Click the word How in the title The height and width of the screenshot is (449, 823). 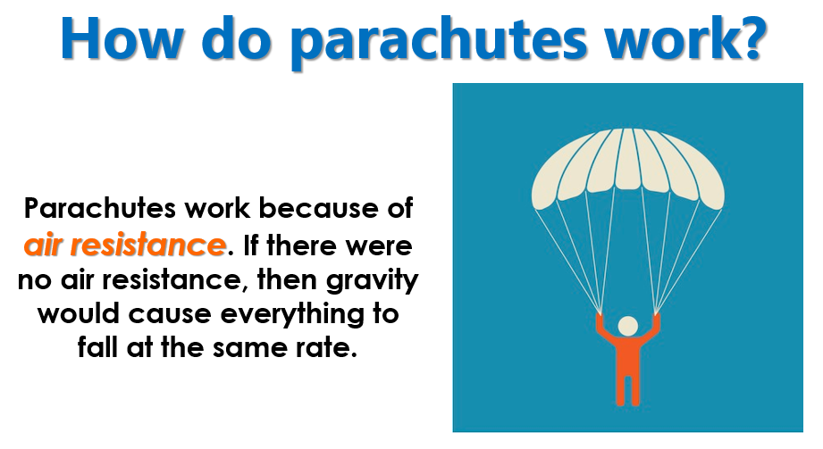coord(122,38)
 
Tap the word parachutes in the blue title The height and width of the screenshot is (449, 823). coord(438,41)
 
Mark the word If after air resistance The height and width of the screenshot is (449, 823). coord(250,245)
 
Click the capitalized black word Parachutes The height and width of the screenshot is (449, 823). coord(100,208)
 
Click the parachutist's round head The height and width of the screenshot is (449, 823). coord(627,326)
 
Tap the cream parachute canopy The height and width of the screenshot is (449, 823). coord(627,168)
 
